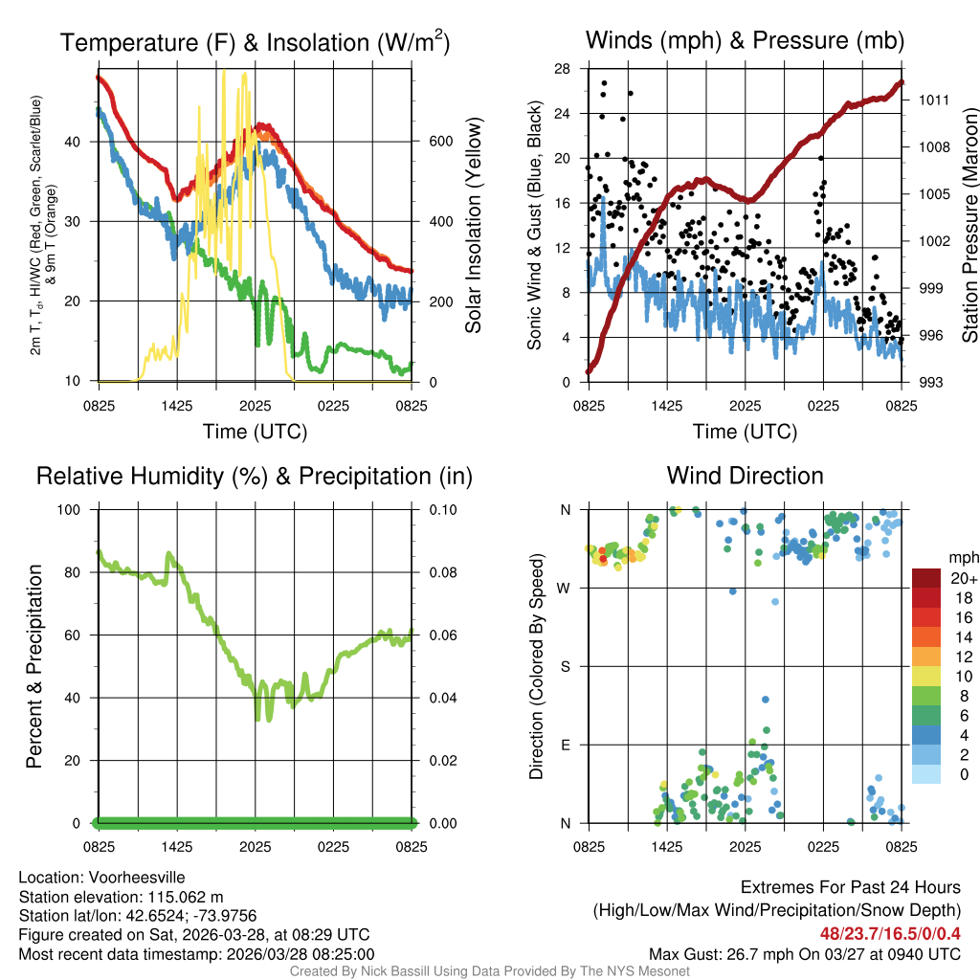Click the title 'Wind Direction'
(745, 476)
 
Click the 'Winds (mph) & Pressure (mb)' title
(745, 41)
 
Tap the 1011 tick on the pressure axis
(933, 100)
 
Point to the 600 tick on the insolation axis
(439, 142)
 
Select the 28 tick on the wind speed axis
(563, 69)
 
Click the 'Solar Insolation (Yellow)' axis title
(474, 225)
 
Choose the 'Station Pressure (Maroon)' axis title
(969, 225)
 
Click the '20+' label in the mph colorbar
(962, 579)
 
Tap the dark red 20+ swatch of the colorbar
(926, 578)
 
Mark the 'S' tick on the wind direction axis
(566, 666)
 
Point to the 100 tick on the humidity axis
(73, 509)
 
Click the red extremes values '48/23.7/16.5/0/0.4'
(891, 933)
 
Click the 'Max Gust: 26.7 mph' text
(720, 954)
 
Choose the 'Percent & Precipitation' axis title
(34, 666)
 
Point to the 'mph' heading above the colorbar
(962, 557)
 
